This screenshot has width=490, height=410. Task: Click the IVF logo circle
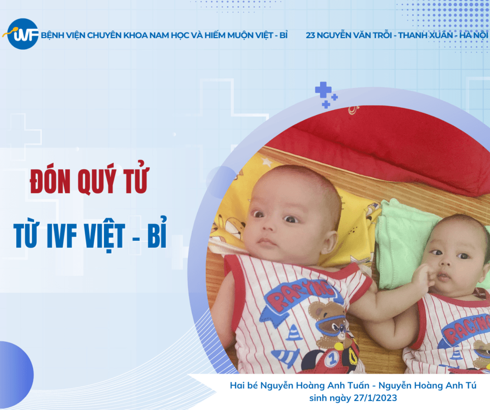(x=22, y=34)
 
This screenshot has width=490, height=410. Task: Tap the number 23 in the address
(x=310, y=35)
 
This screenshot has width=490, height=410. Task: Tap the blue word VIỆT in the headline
(x=104, y=236)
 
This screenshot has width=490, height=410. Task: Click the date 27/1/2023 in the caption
(x=375, y=398)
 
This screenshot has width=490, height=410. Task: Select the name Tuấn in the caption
(x=358, y=385)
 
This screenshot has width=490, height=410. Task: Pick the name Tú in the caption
(x=470, y=385)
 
